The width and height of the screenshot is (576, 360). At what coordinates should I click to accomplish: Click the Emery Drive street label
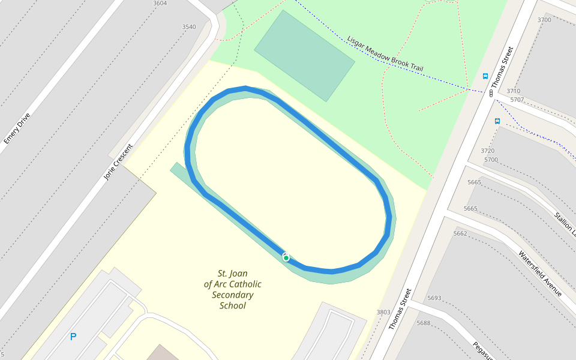[x=16, y=128]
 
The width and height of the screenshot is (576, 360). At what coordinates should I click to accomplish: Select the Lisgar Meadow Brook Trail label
[x=385, y=53]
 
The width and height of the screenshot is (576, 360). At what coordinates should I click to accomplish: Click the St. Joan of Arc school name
[x=232, y=289]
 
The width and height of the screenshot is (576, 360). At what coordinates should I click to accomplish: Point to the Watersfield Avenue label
[x=540, y=273]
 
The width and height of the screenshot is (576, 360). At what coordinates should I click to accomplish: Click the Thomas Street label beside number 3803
[x=400, y=309]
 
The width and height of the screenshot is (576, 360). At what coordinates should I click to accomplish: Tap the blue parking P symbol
[x=73, y=337]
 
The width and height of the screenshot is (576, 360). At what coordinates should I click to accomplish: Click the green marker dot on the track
[x=286, y=258]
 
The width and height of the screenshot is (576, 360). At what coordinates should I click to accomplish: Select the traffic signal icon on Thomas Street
[x=491, y=93]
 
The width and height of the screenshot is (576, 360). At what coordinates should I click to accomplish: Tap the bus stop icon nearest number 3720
[x=497, y=121]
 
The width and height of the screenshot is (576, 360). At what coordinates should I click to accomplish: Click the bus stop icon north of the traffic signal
[x=485, y=76]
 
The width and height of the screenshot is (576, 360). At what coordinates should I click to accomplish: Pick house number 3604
[x=160, y=4]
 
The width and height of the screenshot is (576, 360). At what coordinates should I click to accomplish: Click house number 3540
[x=188, y=27]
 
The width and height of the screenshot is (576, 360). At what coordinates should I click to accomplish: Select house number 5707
[x=517, y=100]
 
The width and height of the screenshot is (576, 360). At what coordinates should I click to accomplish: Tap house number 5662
[x=460, y=233]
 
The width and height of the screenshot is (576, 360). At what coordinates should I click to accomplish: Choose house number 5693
[x=434, y=298]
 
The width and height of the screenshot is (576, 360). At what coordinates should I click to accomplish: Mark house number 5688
[x=424, y=323]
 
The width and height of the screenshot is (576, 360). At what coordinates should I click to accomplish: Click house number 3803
[x=383, y=312]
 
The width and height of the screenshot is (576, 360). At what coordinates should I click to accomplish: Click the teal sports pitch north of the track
[x=304, y=55]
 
